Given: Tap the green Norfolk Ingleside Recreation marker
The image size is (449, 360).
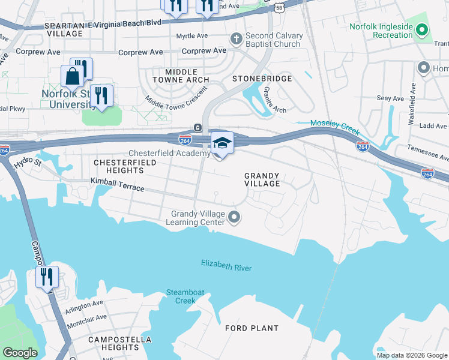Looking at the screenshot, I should [x=423, y=29].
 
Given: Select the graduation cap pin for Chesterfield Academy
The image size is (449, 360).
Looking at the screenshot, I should [x=222, y=144].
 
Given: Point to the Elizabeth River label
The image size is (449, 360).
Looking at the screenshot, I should [x=226, y=265].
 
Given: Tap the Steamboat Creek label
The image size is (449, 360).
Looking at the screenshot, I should [x=185, y=296].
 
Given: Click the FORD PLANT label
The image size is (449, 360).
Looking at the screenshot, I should [x=252, y=328].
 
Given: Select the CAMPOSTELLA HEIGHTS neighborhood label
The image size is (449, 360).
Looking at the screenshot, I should [x=113, y=343].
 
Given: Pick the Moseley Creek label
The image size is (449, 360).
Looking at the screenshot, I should [x=334, y=123].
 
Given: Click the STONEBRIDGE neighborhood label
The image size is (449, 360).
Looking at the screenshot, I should [x=262, y=79].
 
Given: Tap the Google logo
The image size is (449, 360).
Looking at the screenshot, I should [x=20, y=353].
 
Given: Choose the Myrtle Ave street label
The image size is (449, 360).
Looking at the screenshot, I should [x=191, y=36].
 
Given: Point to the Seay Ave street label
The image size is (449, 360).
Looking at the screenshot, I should [x=390, y=98].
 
